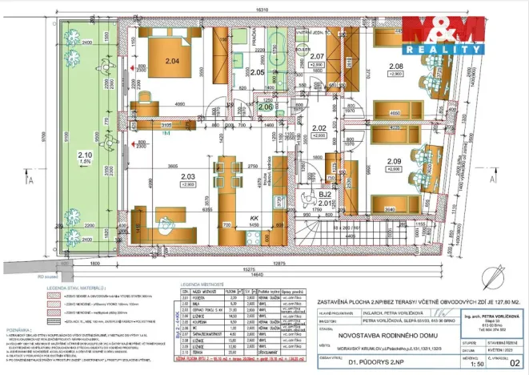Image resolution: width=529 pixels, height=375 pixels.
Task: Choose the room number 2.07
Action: click(x=318, y=55)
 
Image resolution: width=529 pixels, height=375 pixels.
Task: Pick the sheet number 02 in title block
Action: click(x=513, y=363)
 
